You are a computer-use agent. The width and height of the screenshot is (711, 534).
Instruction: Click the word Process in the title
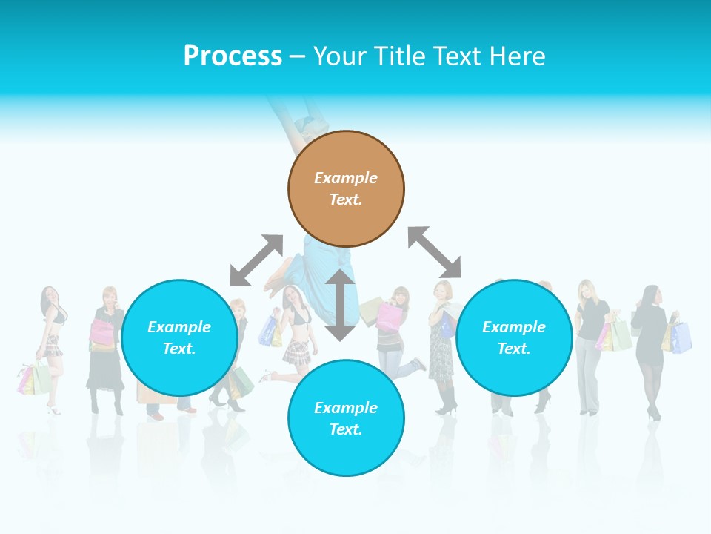(233, 56)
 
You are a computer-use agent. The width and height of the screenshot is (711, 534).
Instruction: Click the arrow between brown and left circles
(256, 260)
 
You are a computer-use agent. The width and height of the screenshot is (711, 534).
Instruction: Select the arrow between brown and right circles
(435, 252)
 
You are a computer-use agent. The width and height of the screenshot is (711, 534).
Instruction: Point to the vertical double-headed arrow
(340, 305)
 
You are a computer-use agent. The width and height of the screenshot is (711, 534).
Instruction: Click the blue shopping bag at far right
(681, 337)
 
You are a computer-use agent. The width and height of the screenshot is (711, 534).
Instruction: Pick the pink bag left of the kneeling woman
(388, 316)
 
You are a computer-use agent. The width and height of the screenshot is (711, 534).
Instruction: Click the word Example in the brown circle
(346, 178)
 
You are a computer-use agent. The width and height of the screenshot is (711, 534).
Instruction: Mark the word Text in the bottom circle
(346, 429)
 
